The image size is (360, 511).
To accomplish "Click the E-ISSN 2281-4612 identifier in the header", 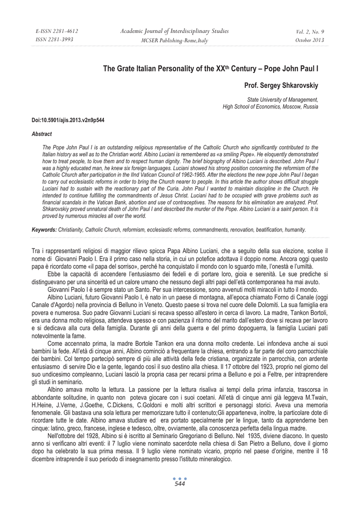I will pos(57,31).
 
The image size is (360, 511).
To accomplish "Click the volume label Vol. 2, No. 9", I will pos(310,31).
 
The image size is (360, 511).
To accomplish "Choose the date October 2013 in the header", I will pos(310,40).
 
